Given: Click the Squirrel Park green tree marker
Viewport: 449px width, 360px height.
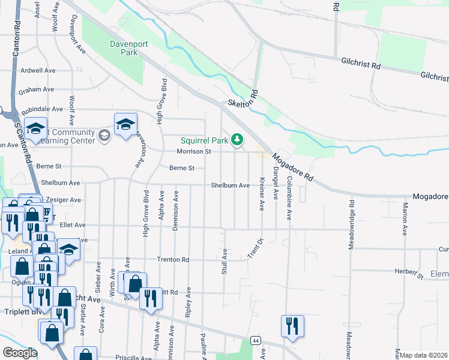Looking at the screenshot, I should pos(238,140).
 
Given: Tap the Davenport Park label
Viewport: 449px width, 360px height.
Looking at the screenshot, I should pos(124,48).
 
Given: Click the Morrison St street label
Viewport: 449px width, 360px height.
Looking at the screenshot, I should pos(193,152).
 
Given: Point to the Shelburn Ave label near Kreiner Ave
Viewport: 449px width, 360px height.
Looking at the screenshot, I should pos(230,186).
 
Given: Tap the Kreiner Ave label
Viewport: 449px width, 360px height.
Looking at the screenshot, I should pos(262,194).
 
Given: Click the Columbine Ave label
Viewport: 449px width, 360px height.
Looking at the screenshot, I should pos(289,196).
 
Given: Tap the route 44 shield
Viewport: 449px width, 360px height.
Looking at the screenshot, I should pos(256,341).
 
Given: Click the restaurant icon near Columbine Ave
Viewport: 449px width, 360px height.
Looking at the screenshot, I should pos(292,326).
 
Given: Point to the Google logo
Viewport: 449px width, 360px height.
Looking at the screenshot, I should pos(20,353).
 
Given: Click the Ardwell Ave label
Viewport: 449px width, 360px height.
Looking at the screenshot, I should pos(37,70).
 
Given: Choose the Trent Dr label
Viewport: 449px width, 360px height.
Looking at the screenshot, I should pos(255,249).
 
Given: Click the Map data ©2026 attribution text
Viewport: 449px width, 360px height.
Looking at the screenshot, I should pos(424,355).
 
